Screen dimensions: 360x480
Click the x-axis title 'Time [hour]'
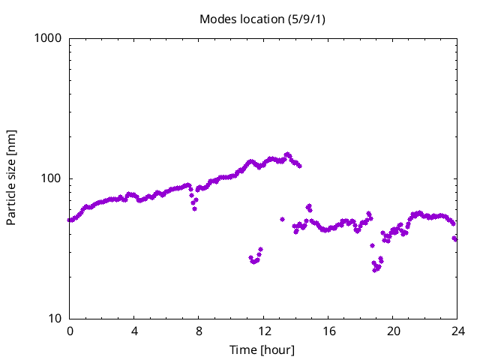[262, 350]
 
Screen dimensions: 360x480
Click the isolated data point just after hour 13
[282, 219]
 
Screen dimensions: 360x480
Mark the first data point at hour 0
[70, 220]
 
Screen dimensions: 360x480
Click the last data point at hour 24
[455, 239]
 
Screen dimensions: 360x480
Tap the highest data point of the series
[287, 154]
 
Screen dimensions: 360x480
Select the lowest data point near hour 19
[374, 270]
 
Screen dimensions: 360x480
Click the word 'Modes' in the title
[216, 19]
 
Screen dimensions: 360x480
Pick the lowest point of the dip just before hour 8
[194, 208]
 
